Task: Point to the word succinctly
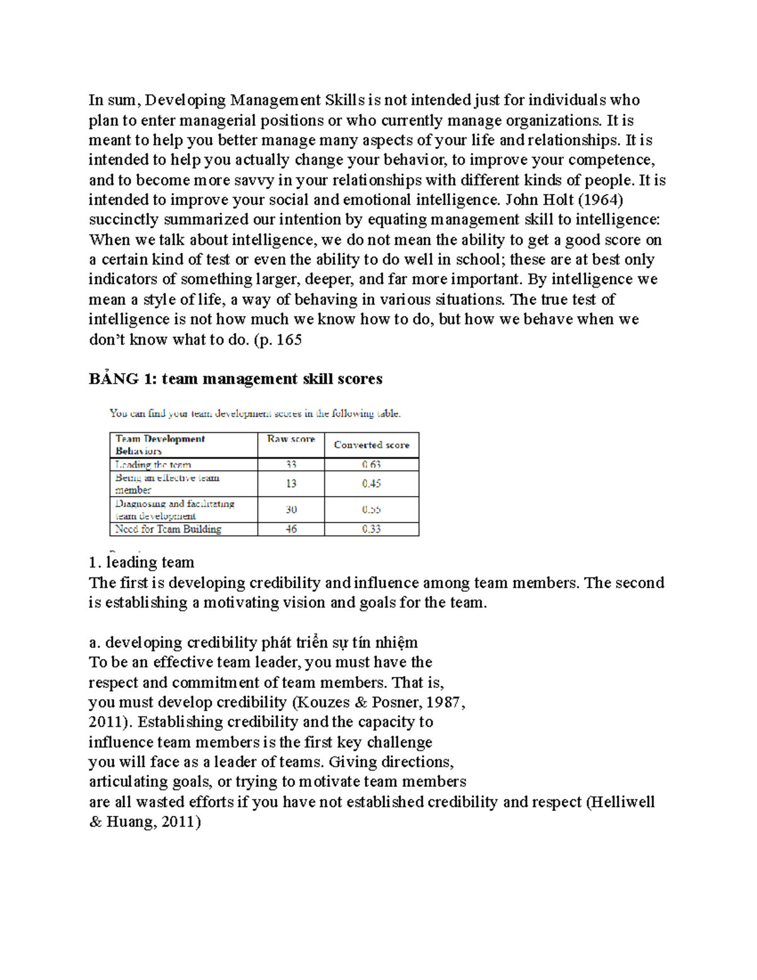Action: [x=124, y=220]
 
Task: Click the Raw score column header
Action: [x=291, y=439]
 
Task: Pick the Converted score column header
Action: [x=372, y=445]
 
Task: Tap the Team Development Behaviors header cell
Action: [x=160, y=445]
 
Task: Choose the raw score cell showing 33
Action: [x=291, y=464]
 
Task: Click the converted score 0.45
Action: [x=372, y=484]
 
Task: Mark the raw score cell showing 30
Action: [x=291, y=509]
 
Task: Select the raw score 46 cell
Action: [x=291, y=529]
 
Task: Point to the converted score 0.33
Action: [x=372, y=529]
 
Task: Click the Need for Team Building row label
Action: [x=168, y=529]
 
